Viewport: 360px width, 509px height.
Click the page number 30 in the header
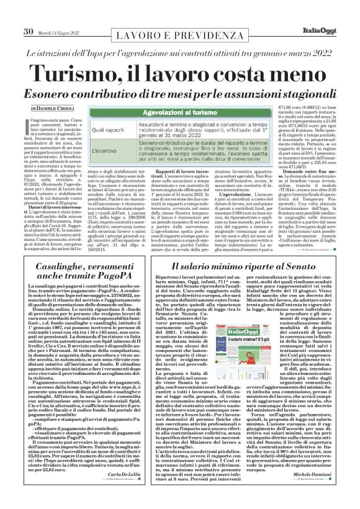28,14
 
